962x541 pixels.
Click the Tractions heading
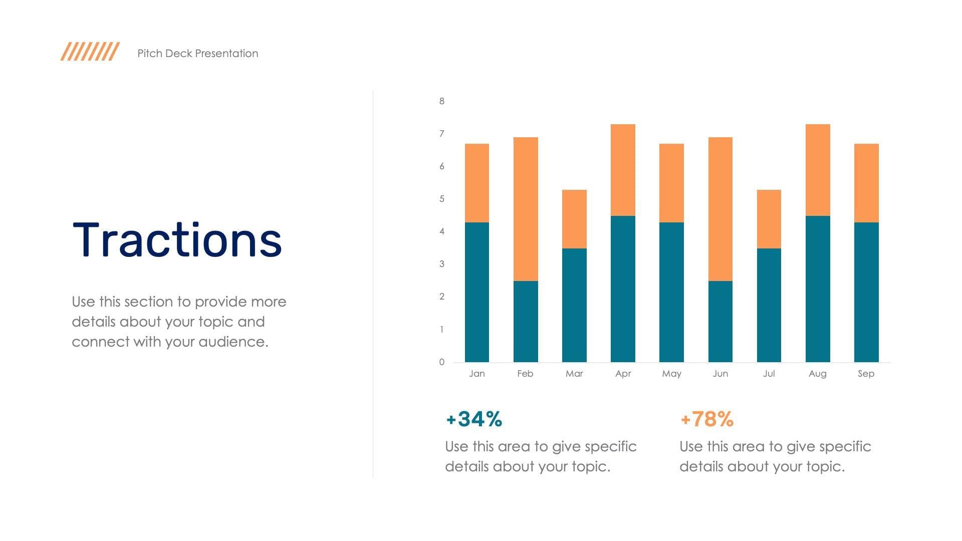click(177, 240)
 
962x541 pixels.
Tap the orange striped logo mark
click(90, 52)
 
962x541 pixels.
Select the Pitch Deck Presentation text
click(198, 54)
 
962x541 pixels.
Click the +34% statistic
click(474, 419)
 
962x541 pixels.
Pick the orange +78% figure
click(707, 419)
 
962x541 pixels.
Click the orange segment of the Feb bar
click(526, 209)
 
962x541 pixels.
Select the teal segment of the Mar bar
click(574, 305)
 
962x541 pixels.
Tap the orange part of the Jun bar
click(720, 209)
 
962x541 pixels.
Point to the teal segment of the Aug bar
click(818, 289)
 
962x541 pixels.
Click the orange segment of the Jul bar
click(769, 219)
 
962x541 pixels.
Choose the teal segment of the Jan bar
click(476, 292)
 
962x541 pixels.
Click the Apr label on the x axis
click(623, 374)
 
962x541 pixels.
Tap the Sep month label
click(866, 374)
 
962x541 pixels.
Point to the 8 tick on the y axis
click(442, 101)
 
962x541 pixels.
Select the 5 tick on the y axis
click(442, 199)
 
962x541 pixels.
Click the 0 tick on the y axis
click(442, 362)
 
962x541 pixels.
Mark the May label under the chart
click(671, 374)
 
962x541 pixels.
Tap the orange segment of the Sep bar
click(866, 183)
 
